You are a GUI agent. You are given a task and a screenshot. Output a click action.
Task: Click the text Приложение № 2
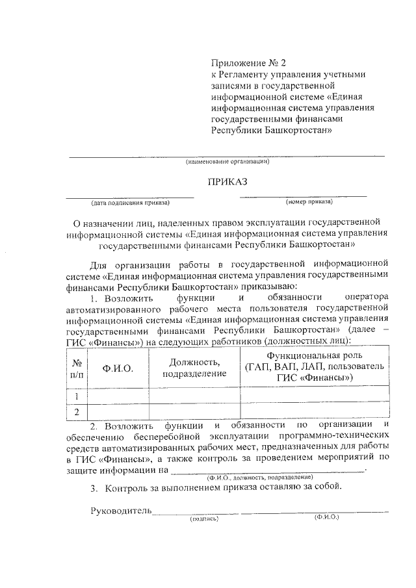(x=248, y=64)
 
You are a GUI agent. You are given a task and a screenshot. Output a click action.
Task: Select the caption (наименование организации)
(x=227, y=161)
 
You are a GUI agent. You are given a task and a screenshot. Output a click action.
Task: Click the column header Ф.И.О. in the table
(x=118, y=368)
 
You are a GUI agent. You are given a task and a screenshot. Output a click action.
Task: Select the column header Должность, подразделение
(x=194, y=368)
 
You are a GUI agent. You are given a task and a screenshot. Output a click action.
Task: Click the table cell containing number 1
(x=77, y=396)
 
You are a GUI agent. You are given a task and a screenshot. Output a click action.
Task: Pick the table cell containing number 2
(x=77, y=412)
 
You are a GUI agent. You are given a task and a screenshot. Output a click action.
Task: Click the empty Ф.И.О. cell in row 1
(x=118, y=396)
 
